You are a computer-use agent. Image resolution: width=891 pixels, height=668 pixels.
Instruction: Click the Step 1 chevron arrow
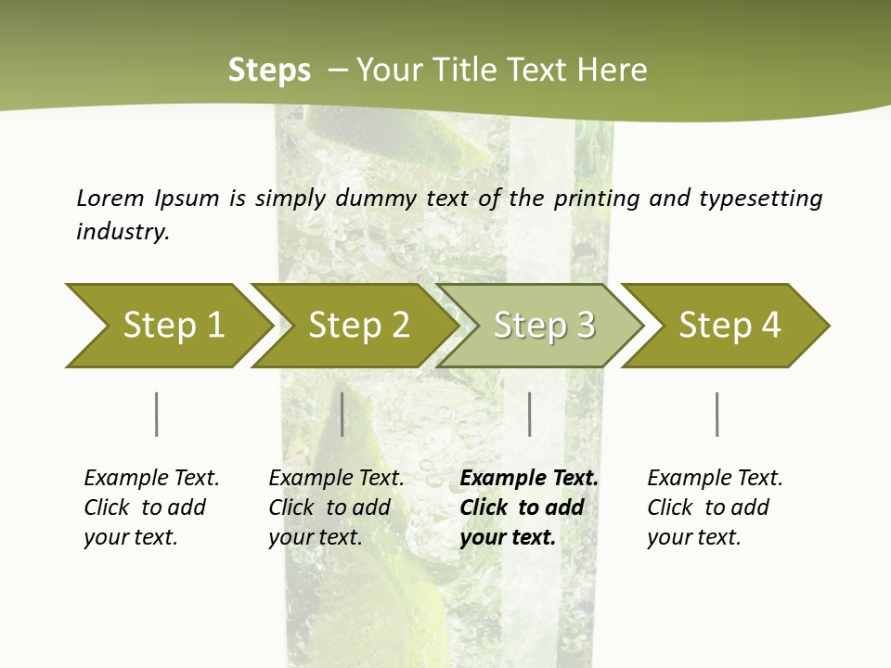pyautogui.click(x=172, y=326)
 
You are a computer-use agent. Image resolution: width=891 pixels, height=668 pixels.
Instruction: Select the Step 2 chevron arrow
pyautogui.click(x=357, y=326)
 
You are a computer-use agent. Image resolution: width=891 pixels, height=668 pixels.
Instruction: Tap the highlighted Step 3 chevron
pyautogui.click(x=543, y=326)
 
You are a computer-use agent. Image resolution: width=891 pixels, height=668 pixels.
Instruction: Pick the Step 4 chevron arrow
pyautogui.click(x=729, y=326)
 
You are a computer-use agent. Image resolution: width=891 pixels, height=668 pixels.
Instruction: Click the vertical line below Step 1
pyautogui.click(x=157, y=414)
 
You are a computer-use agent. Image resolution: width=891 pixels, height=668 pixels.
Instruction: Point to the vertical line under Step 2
pyautogui.click(x=342, y=414)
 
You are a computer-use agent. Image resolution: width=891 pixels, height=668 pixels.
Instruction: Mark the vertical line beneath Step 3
pyautogui.click(x=530, y=414)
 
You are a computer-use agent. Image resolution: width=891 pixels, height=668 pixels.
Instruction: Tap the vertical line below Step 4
pyautogui.click(x=717, y=414)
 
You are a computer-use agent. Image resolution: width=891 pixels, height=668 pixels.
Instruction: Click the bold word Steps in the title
pyautogui.click(x=269, y=71)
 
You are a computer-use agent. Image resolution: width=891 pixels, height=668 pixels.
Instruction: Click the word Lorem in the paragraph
pyautogui.click(x=110, y=198)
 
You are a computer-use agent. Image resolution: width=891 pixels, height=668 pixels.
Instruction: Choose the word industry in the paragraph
pyautogui.click(x=123, y=232)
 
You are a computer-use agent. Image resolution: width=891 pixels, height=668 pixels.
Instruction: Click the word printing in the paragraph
pyautogui.click(x=598, y=198)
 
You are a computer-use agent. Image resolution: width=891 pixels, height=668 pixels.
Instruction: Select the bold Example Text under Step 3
pyautogui.click(x=529, y=479)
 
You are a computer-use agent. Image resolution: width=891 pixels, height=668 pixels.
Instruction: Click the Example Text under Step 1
pyautogui.click(x=151, y=479)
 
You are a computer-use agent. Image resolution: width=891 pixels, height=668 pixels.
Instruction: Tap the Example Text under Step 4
pyautogui.click(x=715, y=479)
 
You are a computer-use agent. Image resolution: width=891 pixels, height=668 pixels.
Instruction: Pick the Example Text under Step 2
pyautogui.click(x=336, y=479)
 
